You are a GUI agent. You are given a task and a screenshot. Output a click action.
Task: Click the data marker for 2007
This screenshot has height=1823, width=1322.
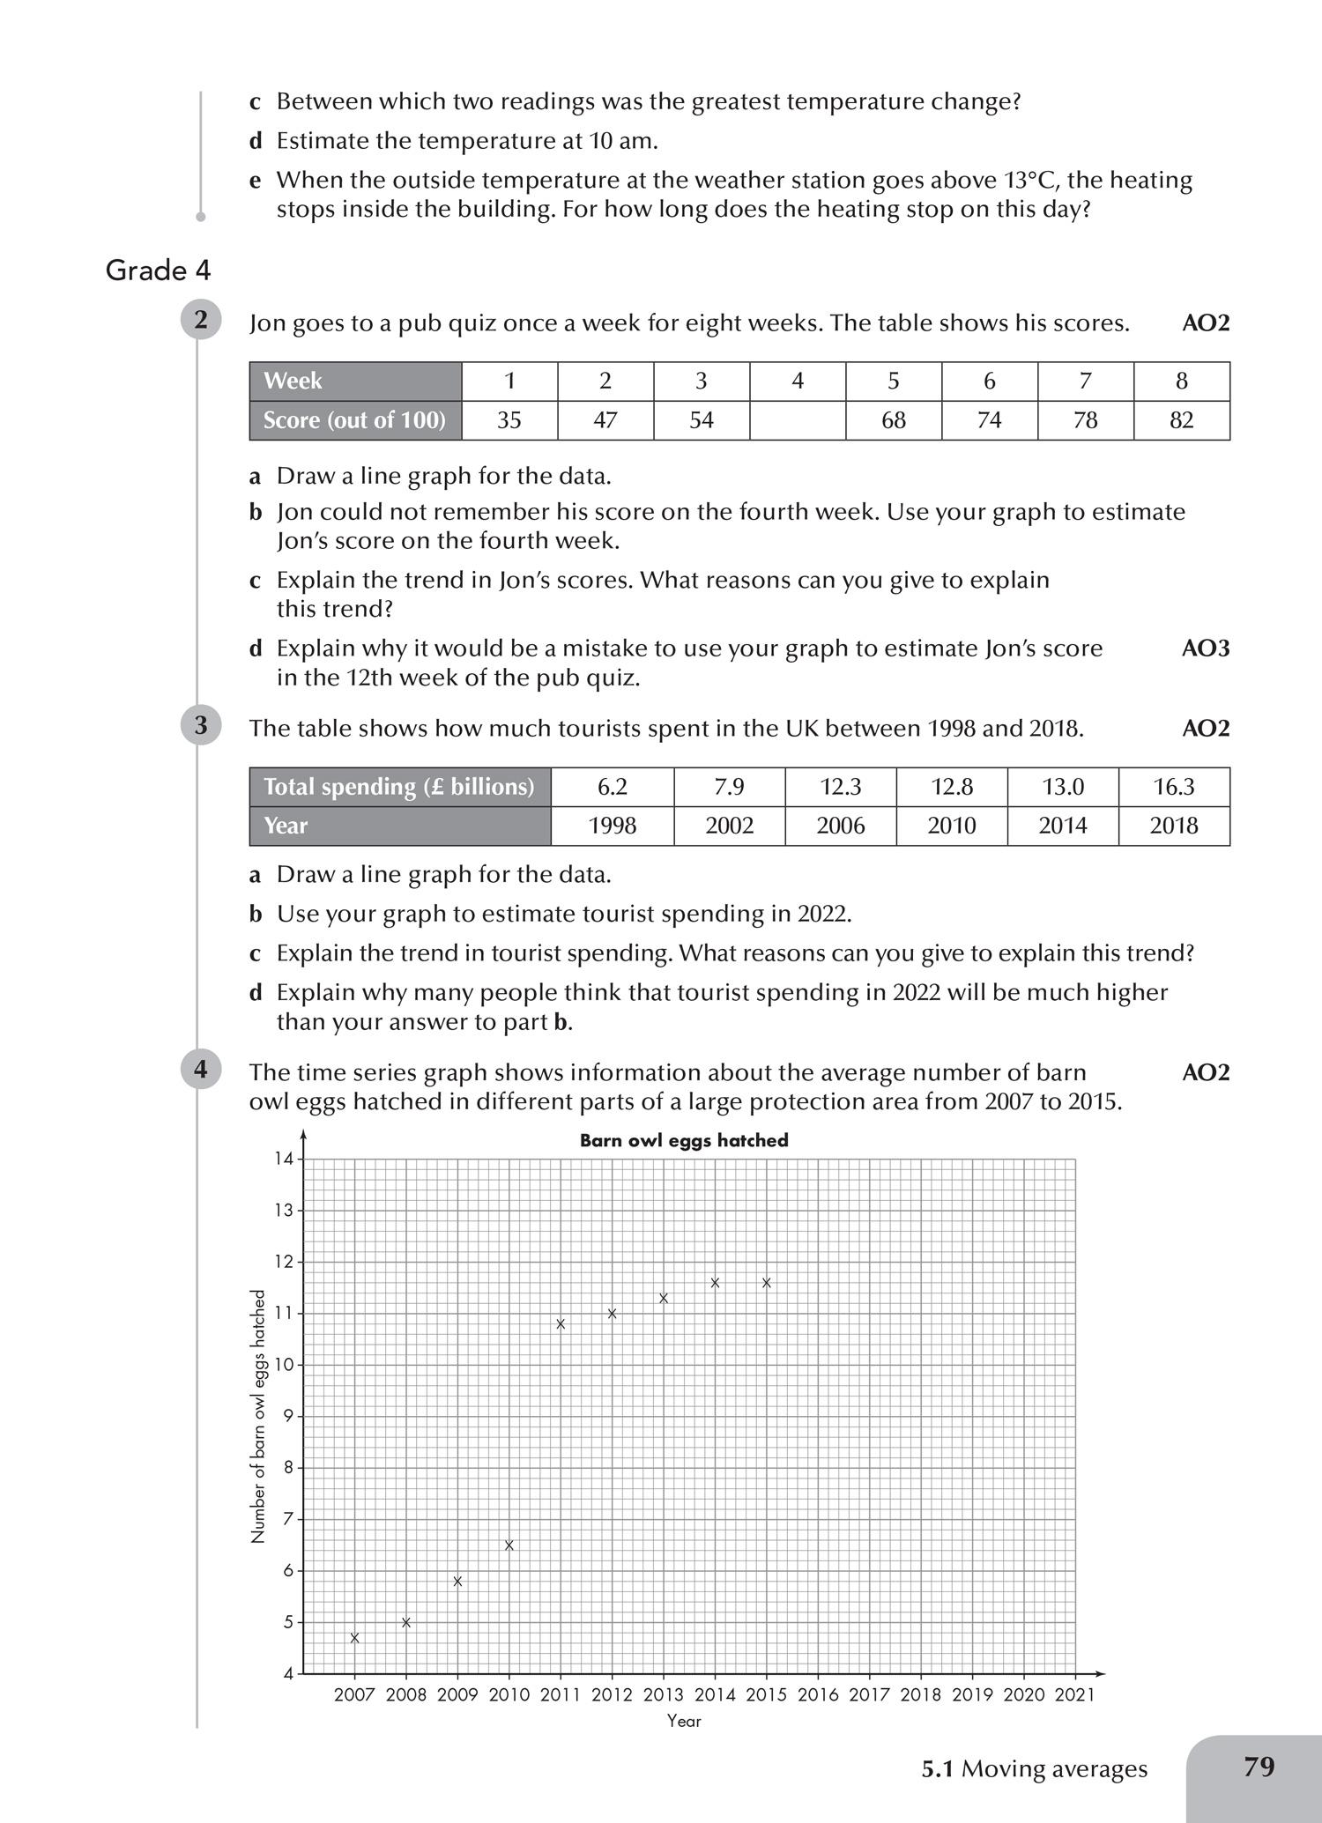pos(354,1638)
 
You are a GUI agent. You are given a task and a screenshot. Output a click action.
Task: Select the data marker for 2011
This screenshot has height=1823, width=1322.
pos(561,1323)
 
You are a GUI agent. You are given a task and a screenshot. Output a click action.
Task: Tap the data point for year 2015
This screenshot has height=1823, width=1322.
pos(767,1283)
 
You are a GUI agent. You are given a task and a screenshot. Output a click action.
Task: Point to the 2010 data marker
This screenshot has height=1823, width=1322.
pos(509,1545)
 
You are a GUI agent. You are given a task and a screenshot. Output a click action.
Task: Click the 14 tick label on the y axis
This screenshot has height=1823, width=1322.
pos(283,1159)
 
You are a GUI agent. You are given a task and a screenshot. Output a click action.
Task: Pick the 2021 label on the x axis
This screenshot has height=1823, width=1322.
pos(1074,1694)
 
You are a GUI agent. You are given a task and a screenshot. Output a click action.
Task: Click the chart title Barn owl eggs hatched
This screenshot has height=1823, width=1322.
pos(684,1140)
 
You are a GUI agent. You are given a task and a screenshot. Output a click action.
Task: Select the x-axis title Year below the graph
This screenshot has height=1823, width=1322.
pos(684,1721)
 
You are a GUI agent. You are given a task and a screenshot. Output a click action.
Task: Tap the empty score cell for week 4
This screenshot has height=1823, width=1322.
pos(798,420)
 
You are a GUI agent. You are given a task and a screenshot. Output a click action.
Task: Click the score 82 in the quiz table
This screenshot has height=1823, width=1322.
pos(1181,420)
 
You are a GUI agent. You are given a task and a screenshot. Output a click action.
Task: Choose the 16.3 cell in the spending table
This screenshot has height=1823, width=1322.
pos(1174,787)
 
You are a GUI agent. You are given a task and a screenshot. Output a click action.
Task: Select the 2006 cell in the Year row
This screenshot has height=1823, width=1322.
pos(840,826)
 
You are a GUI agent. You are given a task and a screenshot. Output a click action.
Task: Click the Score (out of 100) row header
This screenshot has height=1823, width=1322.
pos(355,420)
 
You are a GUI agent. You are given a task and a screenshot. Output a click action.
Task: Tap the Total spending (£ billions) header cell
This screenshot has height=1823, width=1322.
pos(399,787)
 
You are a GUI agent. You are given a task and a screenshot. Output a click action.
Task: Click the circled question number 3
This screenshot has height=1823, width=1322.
pos(201,725)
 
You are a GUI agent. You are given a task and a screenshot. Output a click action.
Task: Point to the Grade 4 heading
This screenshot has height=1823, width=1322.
pos(159,270)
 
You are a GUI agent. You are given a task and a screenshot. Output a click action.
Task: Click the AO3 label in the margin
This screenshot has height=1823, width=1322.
pos(1205,648)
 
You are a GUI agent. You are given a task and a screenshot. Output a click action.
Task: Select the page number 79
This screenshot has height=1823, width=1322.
pos(1259,1767)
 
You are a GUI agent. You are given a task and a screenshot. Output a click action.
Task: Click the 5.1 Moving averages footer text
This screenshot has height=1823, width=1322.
pos(1035,1768)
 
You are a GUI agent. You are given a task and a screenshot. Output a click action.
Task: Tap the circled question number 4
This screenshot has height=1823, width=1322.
pos(201,1069)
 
